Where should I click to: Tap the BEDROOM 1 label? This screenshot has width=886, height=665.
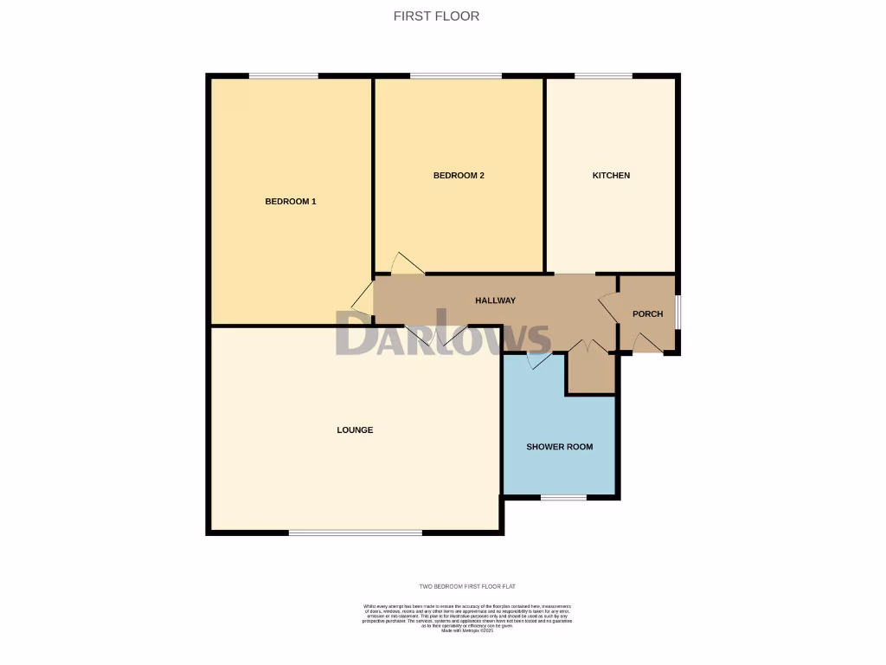[290, 202]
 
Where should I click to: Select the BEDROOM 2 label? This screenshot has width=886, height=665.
[459, 176]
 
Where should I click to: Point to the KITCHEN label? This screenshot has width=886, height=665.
[611, 176]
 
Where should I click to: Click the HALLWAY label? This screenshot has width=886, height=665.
[496, 300]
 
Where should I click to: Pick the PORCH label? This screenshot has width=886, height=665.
[647, 314]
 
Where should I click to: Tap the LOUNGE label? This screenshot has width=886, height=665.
[355, 430]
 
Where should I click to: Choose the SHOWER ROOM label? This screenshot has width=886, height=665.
[560, 447]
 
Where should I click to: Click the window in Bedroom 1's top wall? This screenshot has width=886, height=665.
[284, 76]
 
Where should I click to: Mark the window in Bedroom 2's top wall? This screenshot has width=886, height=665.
[455, 76]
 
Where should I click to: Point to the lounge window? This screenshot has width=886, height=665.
[356, 533]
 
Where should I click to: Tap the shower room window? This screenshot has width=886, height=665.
[563, 497]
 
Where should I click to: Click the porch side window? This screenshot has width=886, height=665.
[677, 313]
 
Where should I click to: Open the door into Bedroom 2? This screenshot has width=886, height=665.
[408, 265]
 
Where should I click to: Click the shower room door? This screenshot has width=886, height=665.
[539, 360]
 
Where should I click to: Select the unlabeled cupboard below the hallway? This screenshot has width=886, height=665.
[590, 372]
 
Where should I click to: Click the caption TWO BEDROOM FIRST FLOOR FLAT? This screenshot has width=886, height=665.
[467, 587]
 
